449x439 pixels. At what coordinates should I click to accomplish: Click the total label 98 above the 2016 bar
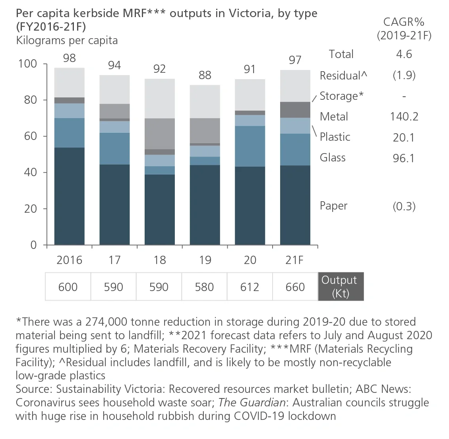tap(69, 58)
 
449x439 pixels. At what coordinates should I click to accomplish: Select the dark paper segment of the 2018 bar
tap(160, 209)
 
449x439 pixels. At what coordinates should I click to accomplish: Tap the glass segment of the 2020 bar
tap(250, 146)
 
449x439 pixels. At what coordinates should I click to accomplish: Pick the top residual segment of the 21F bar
tap(295, 86)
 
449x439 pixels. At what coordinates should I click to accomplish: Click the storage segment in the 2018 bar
tap(160, 134)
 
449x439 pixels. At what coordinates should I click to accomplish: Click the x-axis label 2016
tap(69, 260)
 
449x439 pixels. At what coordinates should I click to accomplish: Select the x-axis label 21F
tap(295, 260)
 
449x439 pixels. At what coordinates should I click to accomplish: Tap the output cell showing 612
tap(250, 287)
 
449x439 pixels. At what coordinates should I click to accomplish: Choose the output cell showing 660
tap(295, 287)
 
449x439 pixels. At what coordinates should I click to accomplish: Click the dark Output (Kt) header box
tap(341, 286)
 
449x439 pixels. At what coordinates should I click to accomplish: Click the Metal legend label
tap(334, 117)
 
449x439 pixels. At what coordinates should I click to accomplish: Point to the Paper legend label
tap(333, 206)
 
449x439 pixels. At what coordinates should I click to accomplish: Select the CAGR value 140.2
tap(404, 117)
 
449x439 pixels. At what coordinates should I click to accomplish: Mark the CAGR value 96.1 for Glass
tap(404, 158)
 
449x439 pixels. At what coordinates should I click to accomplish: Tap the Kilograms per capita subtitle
tap(67, 41)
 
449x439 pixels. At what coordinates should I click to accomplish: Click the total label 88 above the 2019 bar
tap(205, 75)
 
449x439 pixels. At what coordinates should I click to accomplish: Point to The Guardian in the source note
tap(252, 402)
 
